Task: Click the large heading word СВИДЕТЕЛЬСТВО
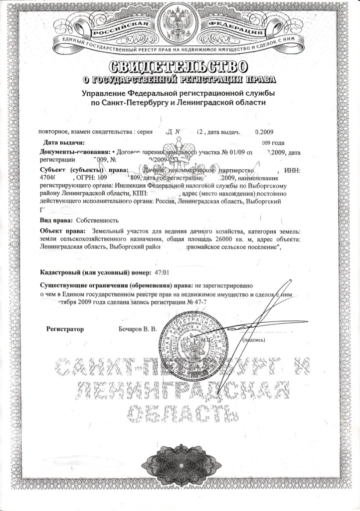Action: [179, 66]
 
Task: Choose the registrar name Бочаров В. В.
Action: [138, 329]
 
